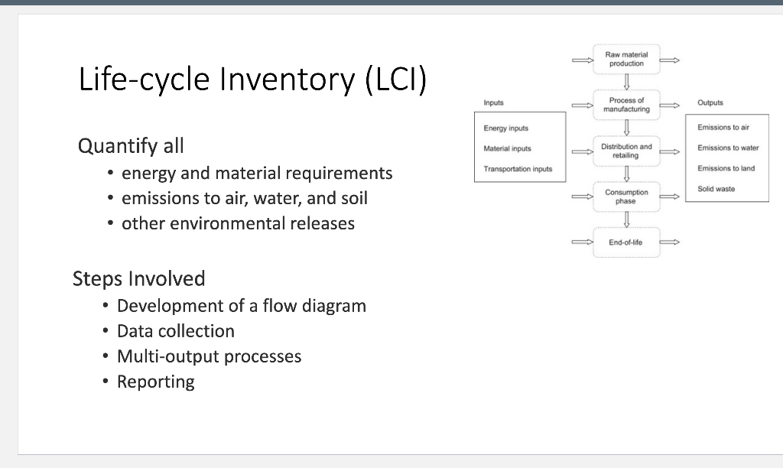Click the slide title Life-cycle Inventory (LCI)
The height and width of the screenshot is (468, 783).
click(252, 80)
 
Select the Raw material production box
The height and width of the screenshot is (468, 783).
click(626, 60)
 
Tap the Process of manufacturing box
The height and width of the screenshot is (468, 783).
click(626, 105)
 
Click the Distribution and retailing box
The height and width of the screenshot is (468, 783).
click(626, 151)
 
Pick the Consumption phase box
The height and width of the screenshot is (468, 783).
click(626, 197)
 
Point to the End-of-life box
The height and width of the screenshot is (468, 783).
click(626, 242)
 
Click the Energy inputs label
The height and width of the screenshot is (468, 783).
click(505, 128)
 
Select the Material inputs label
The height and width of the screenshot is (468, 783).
click(507, 148)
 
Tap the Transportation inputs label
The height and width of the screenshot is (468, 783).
click(518, 169)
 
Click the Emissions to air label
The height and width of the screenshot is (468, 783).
click(723, 128)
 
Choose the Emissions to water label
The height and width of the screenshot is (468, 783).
click(728, 148)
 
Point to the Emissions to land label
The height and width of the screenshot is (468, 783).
click(726, 168)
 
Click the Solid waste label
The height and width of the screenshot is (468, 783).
click(716, 189)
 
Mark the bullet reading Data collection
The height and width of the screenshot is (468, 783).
click(175, 331)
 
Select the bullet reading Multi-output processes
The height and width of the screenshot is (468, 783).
click(209, 356)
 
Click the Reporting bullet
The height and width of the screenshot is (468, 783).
click(155, 382)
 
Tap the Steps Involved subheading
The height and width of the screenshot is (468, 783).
click(138, 278)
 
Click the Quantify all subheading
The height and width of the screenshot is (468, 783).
click(131, 145)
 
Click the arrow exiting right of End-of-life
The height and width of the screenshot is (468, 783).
click(670, 242)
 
